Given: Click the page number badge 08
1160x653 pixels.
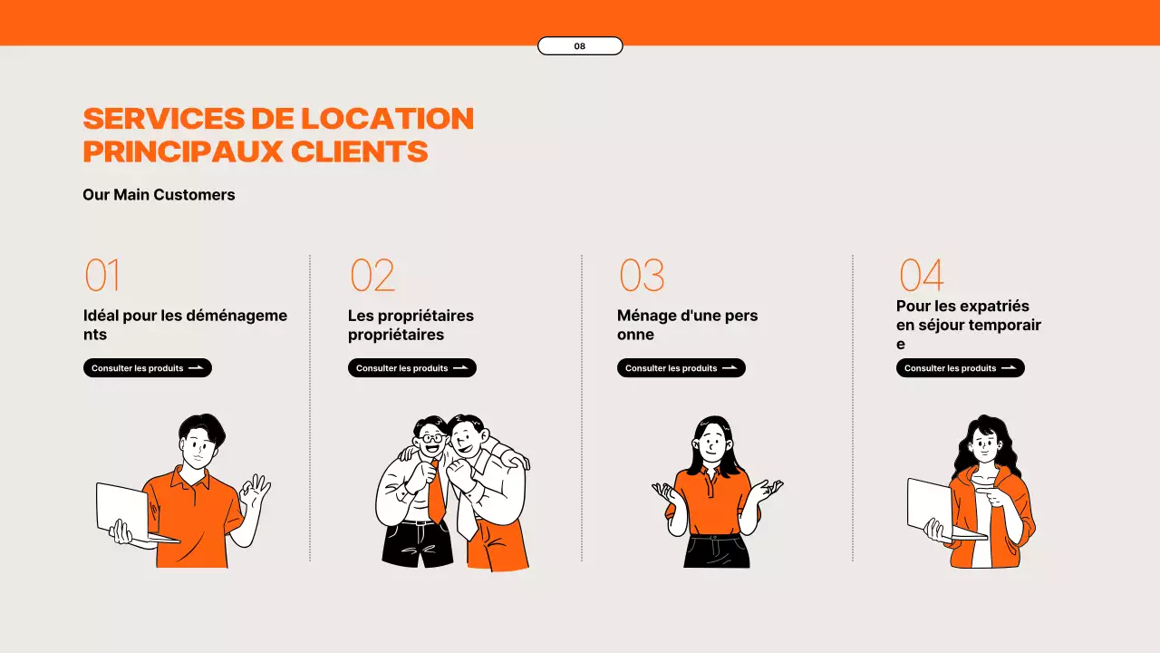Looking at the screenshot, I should click(x=580, y=46).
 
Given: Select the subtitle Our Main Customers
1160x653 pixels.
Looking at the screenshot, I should click(x=159, y=195).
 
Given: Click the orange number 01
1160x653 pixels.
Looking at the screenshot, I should click(x=102, y=276).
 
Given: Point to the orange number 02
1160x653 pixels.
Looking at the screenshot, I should click(x=372, y=276).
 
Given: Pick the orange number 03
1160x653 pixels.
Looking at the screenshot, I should click(x=642, y=276).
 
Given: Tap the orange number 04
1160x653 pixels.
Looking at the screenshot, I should click(x=921, y=276).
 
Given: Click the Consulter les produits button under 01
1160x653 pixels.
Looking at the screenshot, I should click(x=148, y=368).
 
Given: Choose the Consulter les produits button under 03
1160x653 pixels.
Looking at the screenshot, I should click(x=681, y=368).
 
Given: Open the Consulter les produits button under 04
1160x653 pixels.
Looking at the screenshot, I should click(x=961, y=368).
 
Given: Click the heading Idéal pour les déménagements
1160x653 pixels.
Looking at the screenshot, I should click(x=185, y=325).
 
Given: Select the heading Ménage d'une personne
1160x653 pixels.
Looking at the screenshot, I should click(x=687, y=325).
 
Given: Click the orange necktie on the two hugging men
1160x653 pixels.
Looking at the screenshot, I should click(x=436, y=494).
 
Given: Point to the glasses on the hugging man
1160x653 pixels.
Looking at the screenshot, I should click(x=430, y=438).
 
